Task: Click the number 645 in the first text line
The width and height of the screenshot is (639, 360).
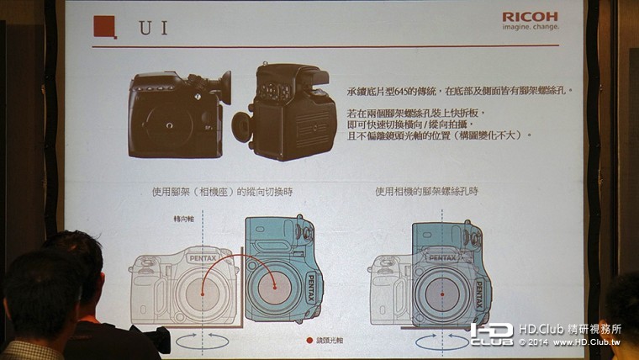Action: point(400,89)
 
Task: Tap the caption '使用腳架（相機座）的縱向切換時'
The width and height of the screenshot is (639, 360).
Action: point(216,192)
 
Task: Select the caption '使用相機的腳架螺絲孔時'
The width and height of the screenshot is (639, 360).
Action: point(426,192)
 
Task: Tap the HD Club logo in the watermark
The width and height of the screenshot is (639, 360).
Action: point(491,334)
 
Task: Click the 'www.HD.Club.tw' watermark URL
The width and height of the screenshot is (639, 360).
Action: point(589,343)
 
